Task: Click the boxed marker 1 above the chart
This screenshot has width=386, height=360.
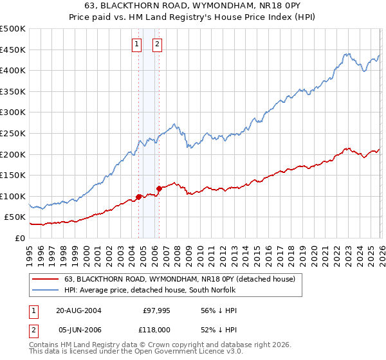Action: point(137,44)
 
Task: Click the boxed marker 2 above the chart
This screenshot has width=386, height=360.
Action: point(157,44)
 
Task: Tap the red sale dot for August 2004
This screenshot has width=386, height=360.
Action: point(138,197)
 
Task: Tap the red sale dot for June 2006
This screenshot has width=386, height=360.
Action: point(159,188)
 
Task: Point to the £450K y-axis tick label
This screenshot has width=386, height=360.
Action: point(13,50)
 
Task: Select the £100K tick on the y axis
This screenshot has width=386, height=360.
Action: point(13,196)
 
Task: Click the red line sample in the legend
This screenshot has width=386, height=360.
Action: point(46,279)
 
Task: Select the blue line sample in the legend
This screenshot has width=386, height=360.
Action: point(46,290)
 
